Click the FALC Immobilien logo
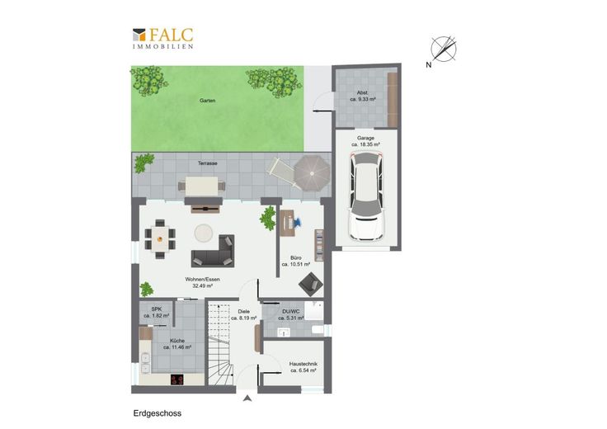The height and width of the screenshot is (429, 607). (x=162, y=38)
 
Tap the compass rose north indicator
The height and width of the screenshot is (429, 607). (x=443, y=50)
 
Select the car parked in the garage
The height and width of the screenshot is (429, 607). (x=366, y=196)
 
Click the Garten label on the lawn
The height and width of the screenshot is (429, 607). (x=208, y=101)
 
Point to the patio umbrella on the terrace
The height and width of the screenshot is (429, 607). (x=312, y=172)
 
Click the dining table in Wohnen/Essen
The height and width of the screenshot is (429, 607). (x=160, y=239)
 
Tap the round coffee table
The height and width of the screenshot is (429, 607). (x=203, y=233)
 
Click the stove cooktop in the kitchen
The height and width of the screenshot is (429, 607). (x=177, y=379)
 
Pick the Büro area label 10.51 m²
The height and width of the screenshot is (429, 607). (x=296, y=265)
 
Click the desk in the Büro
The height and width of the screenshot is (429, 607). (x=287, y=224)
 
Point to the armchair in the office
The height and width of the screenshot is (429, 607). (x=310, y=284)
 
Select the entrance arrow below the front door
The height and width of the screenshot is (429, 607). (x=247, y=398)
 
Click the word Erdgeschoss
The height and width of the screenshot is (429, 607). (x=158, y=413)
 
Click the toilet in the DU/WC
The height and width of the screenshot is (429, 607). (x=318, y=330)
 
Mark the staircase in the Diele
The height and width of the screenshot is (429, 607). (x=221, y=344)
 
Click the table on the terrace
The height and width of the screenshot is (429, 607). (x=201, y=186)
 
